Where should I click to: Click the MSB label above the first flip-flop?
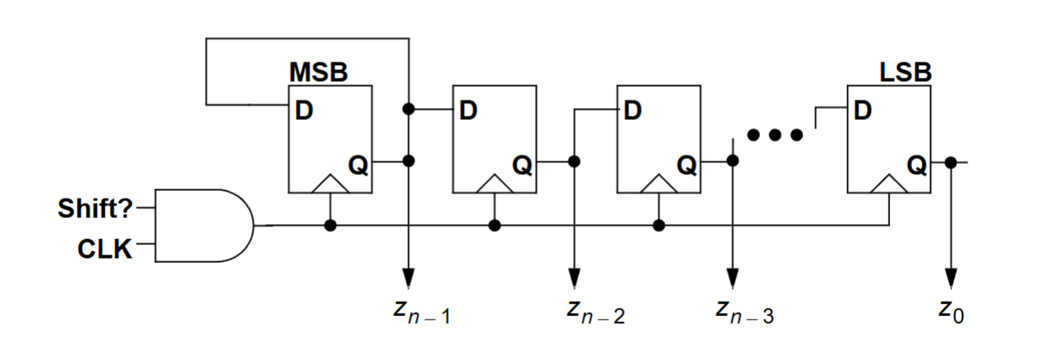click(x=318, y=73)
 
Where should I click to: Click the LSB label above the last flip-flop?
click(x=905, y=73)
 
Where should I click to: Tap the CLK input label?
click(x=105, y=248)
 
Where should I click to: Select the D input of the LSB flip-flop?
click(x=862, y=110)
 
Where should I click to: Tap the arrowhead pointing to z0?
click(x=951, y=278)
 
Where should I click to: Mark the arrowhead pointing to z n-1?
click(x=409, y=278)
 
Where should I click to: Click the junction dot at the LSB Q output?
click(x=951, y=161)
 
